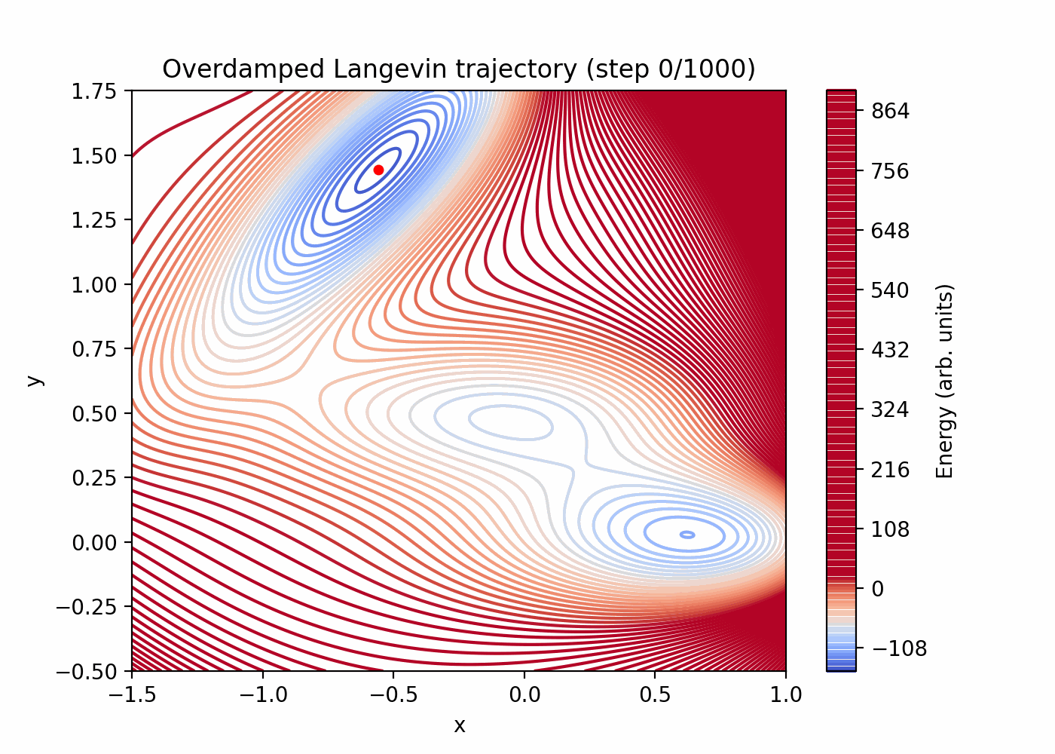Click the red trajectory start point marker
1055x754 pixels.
coord(378,170)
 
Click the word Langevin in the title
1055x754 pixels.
coord(390,69)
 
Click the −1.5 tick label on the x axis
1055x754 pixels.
coord(132,694)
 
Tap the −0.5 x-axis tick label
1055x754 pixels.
coord(393,694)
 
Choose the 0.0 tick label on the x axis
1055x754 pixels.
coord(524,694)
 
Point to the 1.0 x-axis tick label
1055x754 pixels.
coord(786,694)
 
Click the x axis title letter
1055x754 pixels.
coord(459,725)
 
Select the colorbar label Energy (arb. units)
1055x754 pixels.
coord(945,381)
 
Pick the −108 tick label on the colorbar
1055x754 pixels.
coord(896,648)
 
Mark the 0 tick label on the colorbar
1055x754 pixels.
coord(877,589)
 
